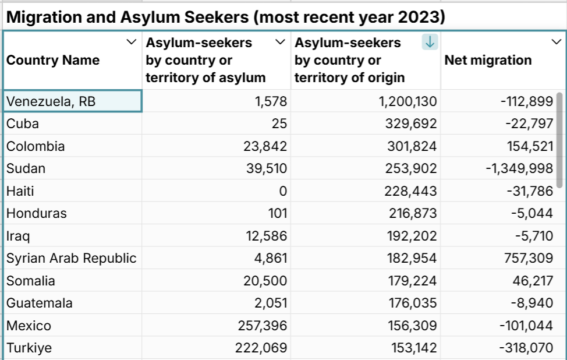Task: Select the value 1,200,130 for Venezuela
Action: coord(407,101)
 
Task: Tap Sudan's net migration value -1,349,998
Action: coord(519,168)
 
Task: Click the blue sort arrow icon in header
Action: coord(429,42)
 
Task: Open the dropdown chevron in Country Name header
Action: coord(131,42)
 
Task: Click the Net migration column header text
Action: coord(488,60)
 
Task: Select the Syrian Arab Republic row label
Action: coord(71,258)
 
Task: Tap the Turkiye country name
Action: coord(29,348)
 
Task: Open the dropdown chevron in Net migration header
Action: coord(555,42)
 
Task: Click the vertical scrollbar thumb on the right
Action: coord(559,140)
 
